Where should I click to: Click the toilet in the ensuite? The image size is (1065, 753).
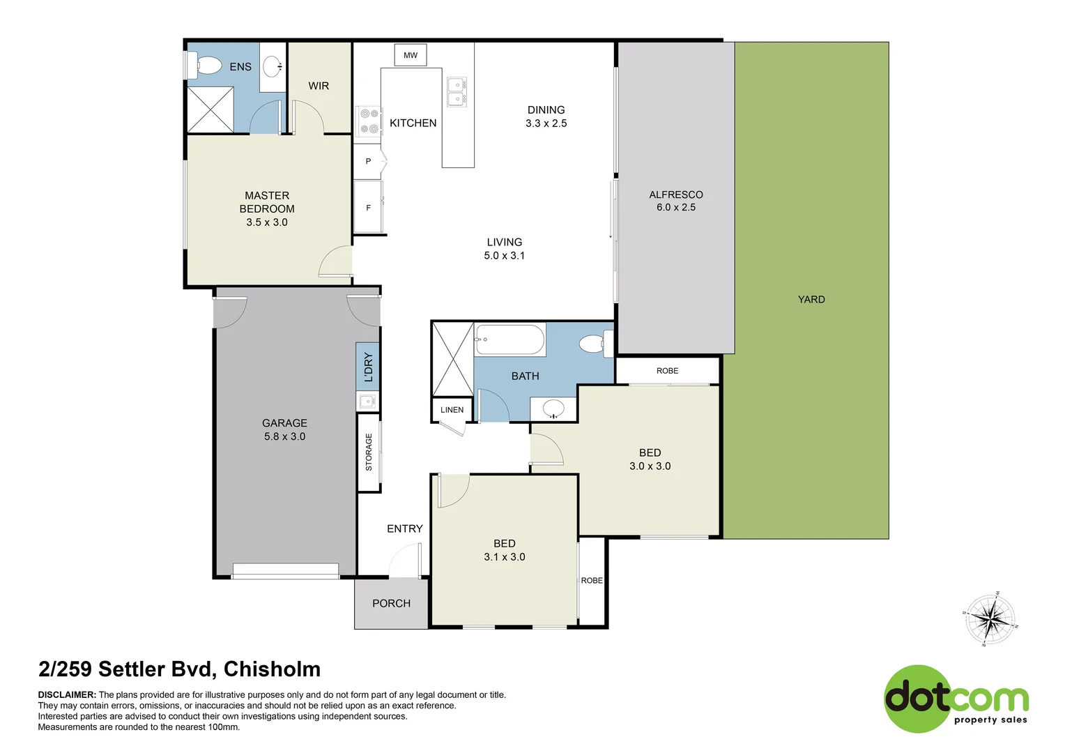[205, 66]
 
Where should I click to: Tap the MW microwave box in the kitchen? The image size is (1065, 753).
[411, 55]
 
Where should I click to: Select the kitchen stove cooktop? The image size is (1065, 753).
[369, 121]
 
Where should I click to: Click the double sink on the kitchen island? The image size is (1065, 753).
[457, 91]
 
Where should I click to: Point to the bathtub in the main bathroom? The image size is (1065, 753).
[509, 340]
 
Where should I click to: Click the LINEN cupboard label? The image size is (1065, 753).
[452, 410]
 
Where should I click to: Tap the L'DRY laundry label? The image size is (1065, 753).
[368, 367]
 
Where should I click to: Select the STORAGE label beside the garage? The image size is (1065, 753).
[369, 452]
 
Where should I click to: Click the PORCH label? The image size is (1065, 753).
[391, 603]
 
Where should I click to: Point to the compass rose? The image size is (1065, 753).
[990, 619]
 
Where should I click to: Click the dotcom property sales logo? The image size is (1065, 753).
[956, 699]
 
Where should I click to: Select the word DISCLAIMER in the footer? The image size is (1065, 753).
[67, 694]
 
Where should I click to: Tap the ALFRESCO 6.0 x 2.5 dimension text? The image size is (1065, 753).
[675, 207]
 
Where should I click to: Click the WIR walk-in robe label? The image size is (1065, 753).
[319, 86]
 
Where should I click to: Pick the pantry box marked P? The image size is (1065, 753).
[368, 162]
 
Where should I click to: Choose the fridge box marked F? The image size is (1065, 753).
[368, 208]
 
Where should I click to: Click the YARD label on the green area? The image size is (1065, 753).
[811, 299]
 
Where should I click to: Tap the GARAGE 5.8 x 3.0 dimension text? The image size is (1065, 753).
[284, 436]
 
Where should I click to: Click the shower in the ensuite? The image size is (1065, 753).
[210, 109]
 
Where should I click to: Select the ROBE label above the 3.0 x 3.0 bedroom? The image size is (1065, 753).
[667, 371]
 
